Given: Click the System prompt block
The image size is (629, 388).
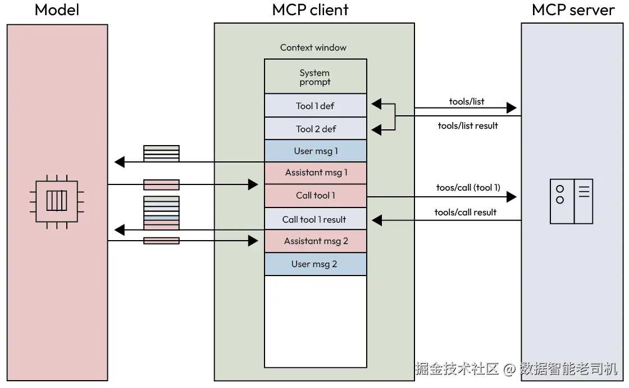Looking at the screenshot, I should coord(315,77).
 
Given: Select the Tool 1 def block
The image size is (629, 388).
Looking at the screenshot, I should coord(315,106).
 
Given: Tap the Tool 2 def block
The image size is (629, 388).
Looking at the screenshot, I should coord(315,129).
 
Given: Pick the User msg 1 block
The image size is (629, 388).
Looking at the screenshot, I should coord(315,151).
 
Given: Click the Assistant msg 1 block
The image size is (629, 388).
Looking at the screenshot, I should coord(315,173).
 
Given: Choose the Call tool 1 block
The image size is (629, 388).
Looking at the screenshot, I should coord(315,196).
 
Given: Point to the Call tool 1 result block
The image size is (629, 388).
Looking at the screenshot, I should coord(315,219).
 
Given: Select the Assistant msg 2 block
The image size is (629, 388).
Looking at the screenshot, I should coord(315,241).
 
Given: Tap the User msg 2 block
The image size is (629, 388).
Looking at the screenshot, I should coord(315,264).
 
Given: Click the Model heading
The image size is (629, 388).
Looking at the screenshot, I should coord(57,10).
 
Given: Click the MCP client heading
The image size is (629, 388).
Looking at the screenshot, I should coord(310,10).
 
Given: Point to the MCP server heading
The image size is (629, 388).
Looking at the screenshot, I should coord(573,10).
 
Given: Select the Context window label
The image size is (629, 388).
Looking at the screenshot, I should coord(313,48).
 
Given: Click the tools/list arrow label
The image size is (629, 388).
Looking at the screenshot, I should coord(466,102).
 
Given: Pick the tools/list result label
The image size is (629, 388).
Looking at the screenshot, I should coord(468,126).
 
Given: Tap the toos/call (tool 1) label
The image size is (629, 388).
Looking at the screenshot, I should coord(468,188).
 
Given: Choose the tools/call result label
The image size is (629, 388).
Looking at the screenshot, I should coord(466,212).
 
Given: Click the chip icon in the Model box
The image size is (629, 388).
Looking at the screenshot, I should coord(56,200).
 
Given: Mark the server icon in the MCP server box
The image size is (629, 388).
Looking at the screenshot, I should coord(571,201).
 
